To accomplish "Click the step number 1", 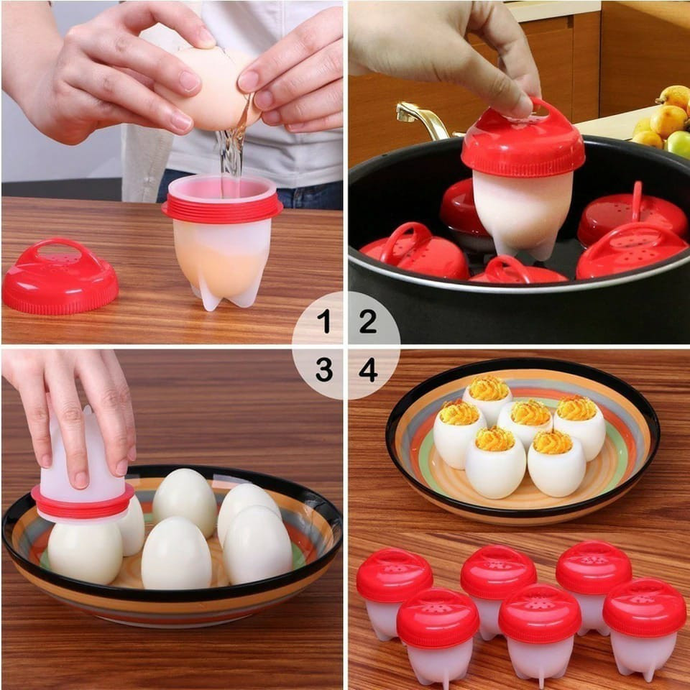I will [x=324, y=321].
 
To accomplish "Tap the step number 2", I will [x=367, y=321].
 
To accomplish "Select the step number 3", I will [x=324, y=369].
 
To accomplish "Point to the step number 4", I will [x=368, y=369].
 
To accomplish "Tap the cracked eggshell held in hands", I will [x=216, y=86].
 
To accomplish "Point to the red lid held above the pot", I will [x=523, y=144].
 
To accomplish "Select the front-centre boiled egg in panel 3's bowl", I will [x=176, y=553].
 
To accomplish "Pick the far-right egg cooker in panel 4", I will [x=644, y=626].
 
